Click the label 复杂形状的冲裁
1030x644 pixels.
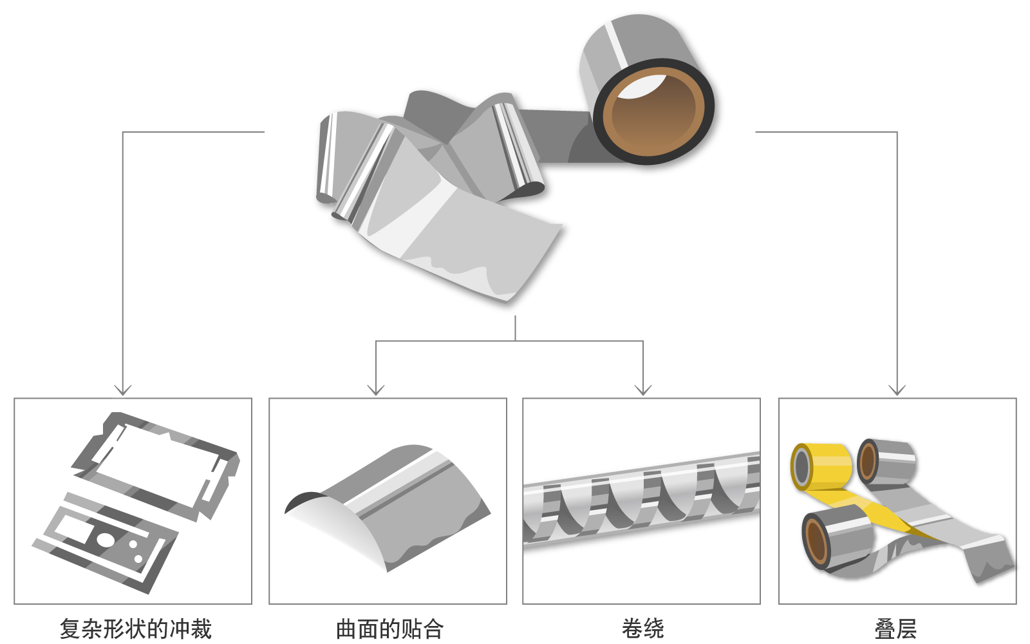(135, 628)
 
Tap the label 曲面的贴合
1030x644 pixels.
(389, 628)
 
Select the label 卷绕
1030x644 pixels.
(642, 628)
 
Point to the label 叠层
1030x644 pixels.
(895, 628)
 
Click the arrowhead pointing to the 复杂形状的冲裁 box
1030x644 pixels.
(123, 390)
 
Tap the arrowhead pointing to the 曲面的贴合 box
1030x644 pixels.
(376, 390)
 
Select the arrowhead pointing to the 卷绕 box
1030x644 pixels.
(643, 390)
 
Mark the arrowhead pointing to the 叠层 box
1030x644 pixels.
(897, 390)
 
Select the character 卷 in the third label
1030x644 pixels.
(632, 628)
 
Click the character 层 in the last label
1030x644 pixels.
(906, 628)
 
